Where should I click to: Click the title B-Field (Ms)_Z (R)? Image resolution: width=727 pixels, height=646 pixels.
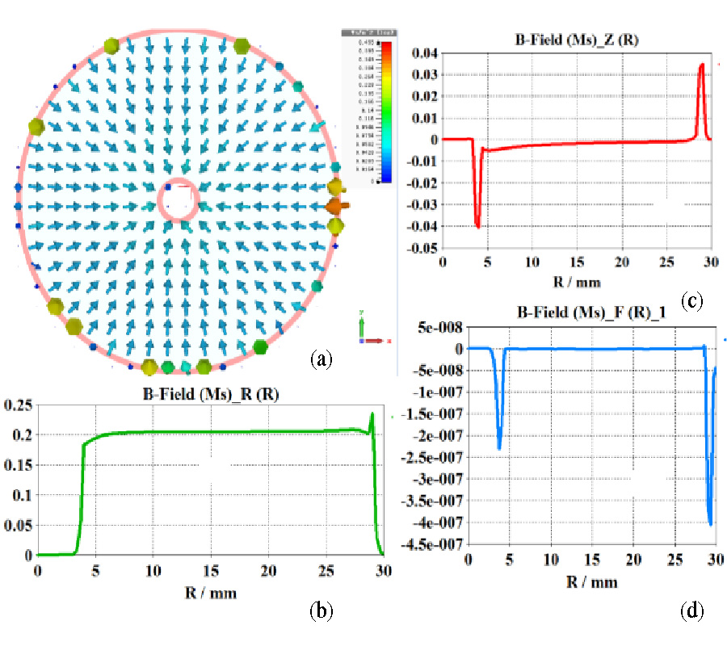(573, 38)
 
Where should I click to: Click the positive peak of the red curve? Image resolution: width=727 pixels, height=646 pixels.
(702, 65)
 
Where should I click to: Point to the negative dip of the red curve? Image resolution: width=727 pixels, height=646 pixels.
(478, 227)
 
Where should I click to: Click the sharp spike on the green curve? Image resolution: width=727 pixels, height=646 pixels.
(372, 414)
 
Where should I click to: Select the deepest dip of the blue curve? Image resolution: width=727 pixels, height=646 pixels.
(710, 524)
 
